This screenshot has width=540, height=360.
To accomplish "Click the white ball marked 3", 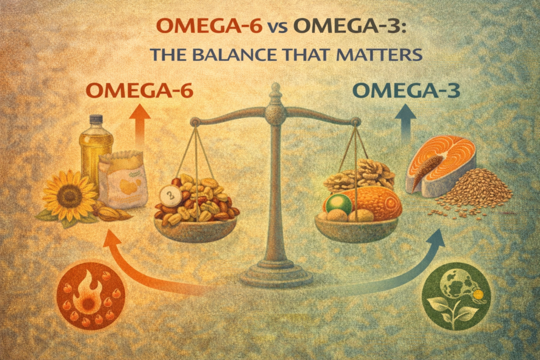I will point(170,196).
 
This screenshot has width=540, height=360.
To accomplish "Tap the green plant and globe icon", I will point(457,297).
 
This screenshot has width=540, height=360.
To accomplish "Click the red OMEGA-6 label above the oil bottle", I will point(139,91).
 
